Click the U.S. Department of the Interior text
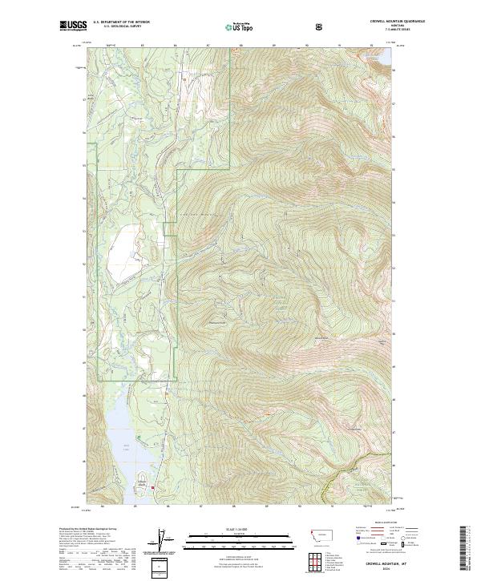122,22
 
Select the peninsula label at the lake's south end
143,475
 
